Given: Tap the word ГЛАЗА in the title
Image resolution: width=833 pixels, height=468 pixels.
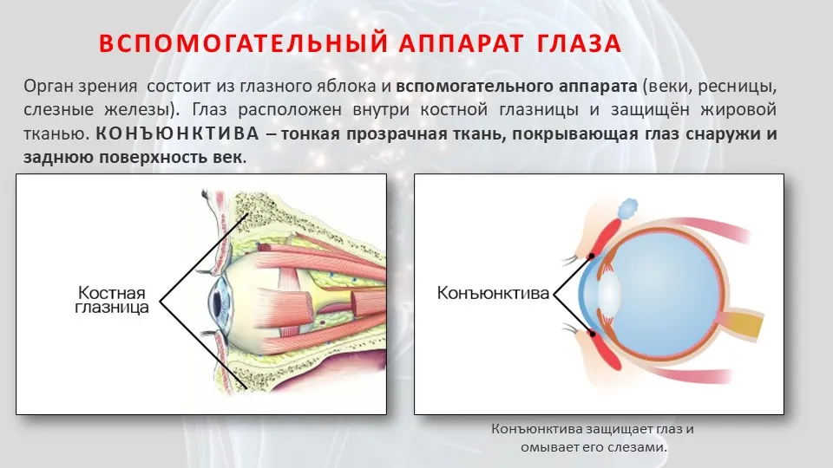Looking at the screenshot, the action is [x=579, y=43].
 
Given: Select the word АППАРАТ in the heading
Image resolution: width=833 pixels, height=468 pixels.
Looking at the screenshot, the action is [x=461, y=43].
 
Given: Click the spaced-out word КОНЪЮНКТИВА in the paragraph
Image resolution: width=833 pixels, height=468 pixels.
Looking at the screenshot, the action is [x=177, y=133].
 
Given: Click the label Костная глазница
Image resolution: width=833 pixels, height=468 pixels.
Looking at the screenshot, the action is [x=112, y=300].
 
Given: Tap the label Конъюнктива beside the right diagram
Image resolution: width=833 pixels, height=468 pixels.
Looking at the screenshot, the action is [x=493, y=293].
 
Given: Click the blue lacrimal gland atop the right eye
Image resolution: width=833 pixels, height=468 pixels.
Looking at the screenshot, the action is [x=627, y=208].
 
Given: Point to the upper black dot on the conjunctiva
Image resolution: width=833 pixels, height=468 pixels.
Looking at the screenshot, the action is [x=591, y=257].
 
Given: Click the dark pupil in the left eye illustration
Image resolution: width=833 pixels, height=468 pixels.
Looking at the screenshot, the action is [x=216, y=301].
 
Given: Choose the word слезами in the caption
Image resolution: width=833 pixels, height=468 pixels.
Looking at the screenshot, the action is [x=644, y=447].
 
